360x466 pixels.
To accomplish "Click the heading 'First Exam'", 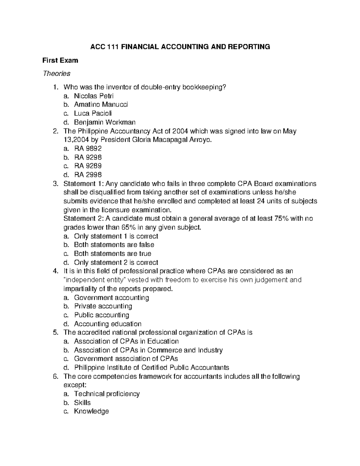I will (x=60, y=60).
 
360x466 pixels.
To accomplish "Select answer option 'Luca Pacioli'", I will (x=93, y=113).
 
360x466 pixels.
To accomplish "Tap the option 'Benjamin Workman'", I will (x=105, y=122).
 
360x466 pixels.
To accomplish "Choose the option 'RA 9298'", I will (x=88, y=157).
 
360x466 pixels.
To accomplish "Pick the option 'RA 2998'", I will (x=88, y=175).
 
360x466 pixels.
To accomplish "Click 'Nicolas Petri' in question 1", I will (x=94, y=96).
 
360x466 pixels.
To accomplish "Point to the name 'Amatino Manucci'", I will (x=101, y=105).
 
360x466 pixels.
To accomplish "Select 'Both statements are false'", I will (x=114, y=245).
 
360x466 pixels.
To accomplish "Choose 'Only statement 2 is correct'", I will (x=116, y=262).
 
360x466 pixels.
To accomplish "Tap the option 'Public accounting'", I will (x=101, y=315).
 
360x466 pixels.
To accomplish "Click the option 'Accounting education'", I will (x=107, y=324).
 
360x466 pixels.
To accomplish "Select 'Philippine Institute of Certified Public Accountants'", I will (x=151, y=368).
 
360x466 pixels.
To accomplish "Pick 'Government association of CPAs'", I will (x=126, y=359).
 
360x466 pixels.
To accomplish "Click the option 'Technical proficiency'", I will (x=107, y=394).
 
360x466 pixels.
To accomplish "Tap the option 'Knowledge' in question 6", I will (x=91, y=411).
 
